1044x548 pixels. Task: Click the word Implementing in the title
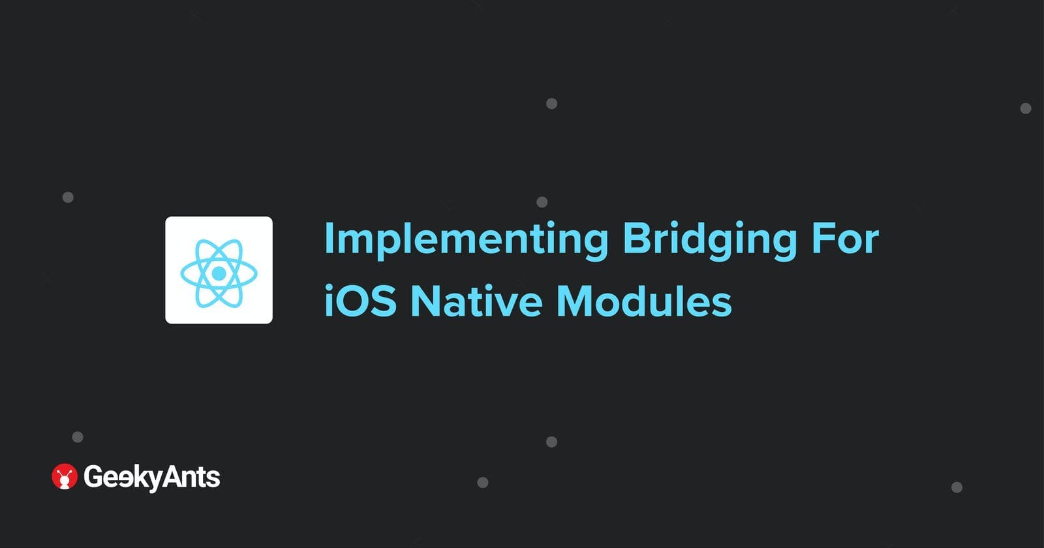(x=466, y=241)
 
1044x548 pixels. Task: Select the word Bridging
(x=710, y=241)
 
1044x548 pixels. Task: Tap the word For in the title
(x=845, y=239)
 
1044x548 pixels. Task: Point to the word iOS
(x=360, y=301)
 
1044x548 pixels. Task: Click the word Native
(x=477, y=301)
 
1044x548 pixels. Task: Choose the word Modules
(x=644, y=300)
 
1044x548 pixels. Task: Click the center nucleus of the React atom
(x=219, y=273)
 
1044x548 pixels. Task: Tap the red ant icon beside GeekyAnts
(x=65, y=476)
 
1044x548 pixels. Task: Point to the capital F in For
(x=821, y=239)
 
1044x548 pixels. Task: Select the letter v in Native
(x=505, y=305)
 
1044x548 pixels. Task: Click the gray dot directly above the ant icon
(x=78, y=436)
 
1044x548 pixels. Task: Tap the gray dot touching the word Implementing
(x=542, y=202)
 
